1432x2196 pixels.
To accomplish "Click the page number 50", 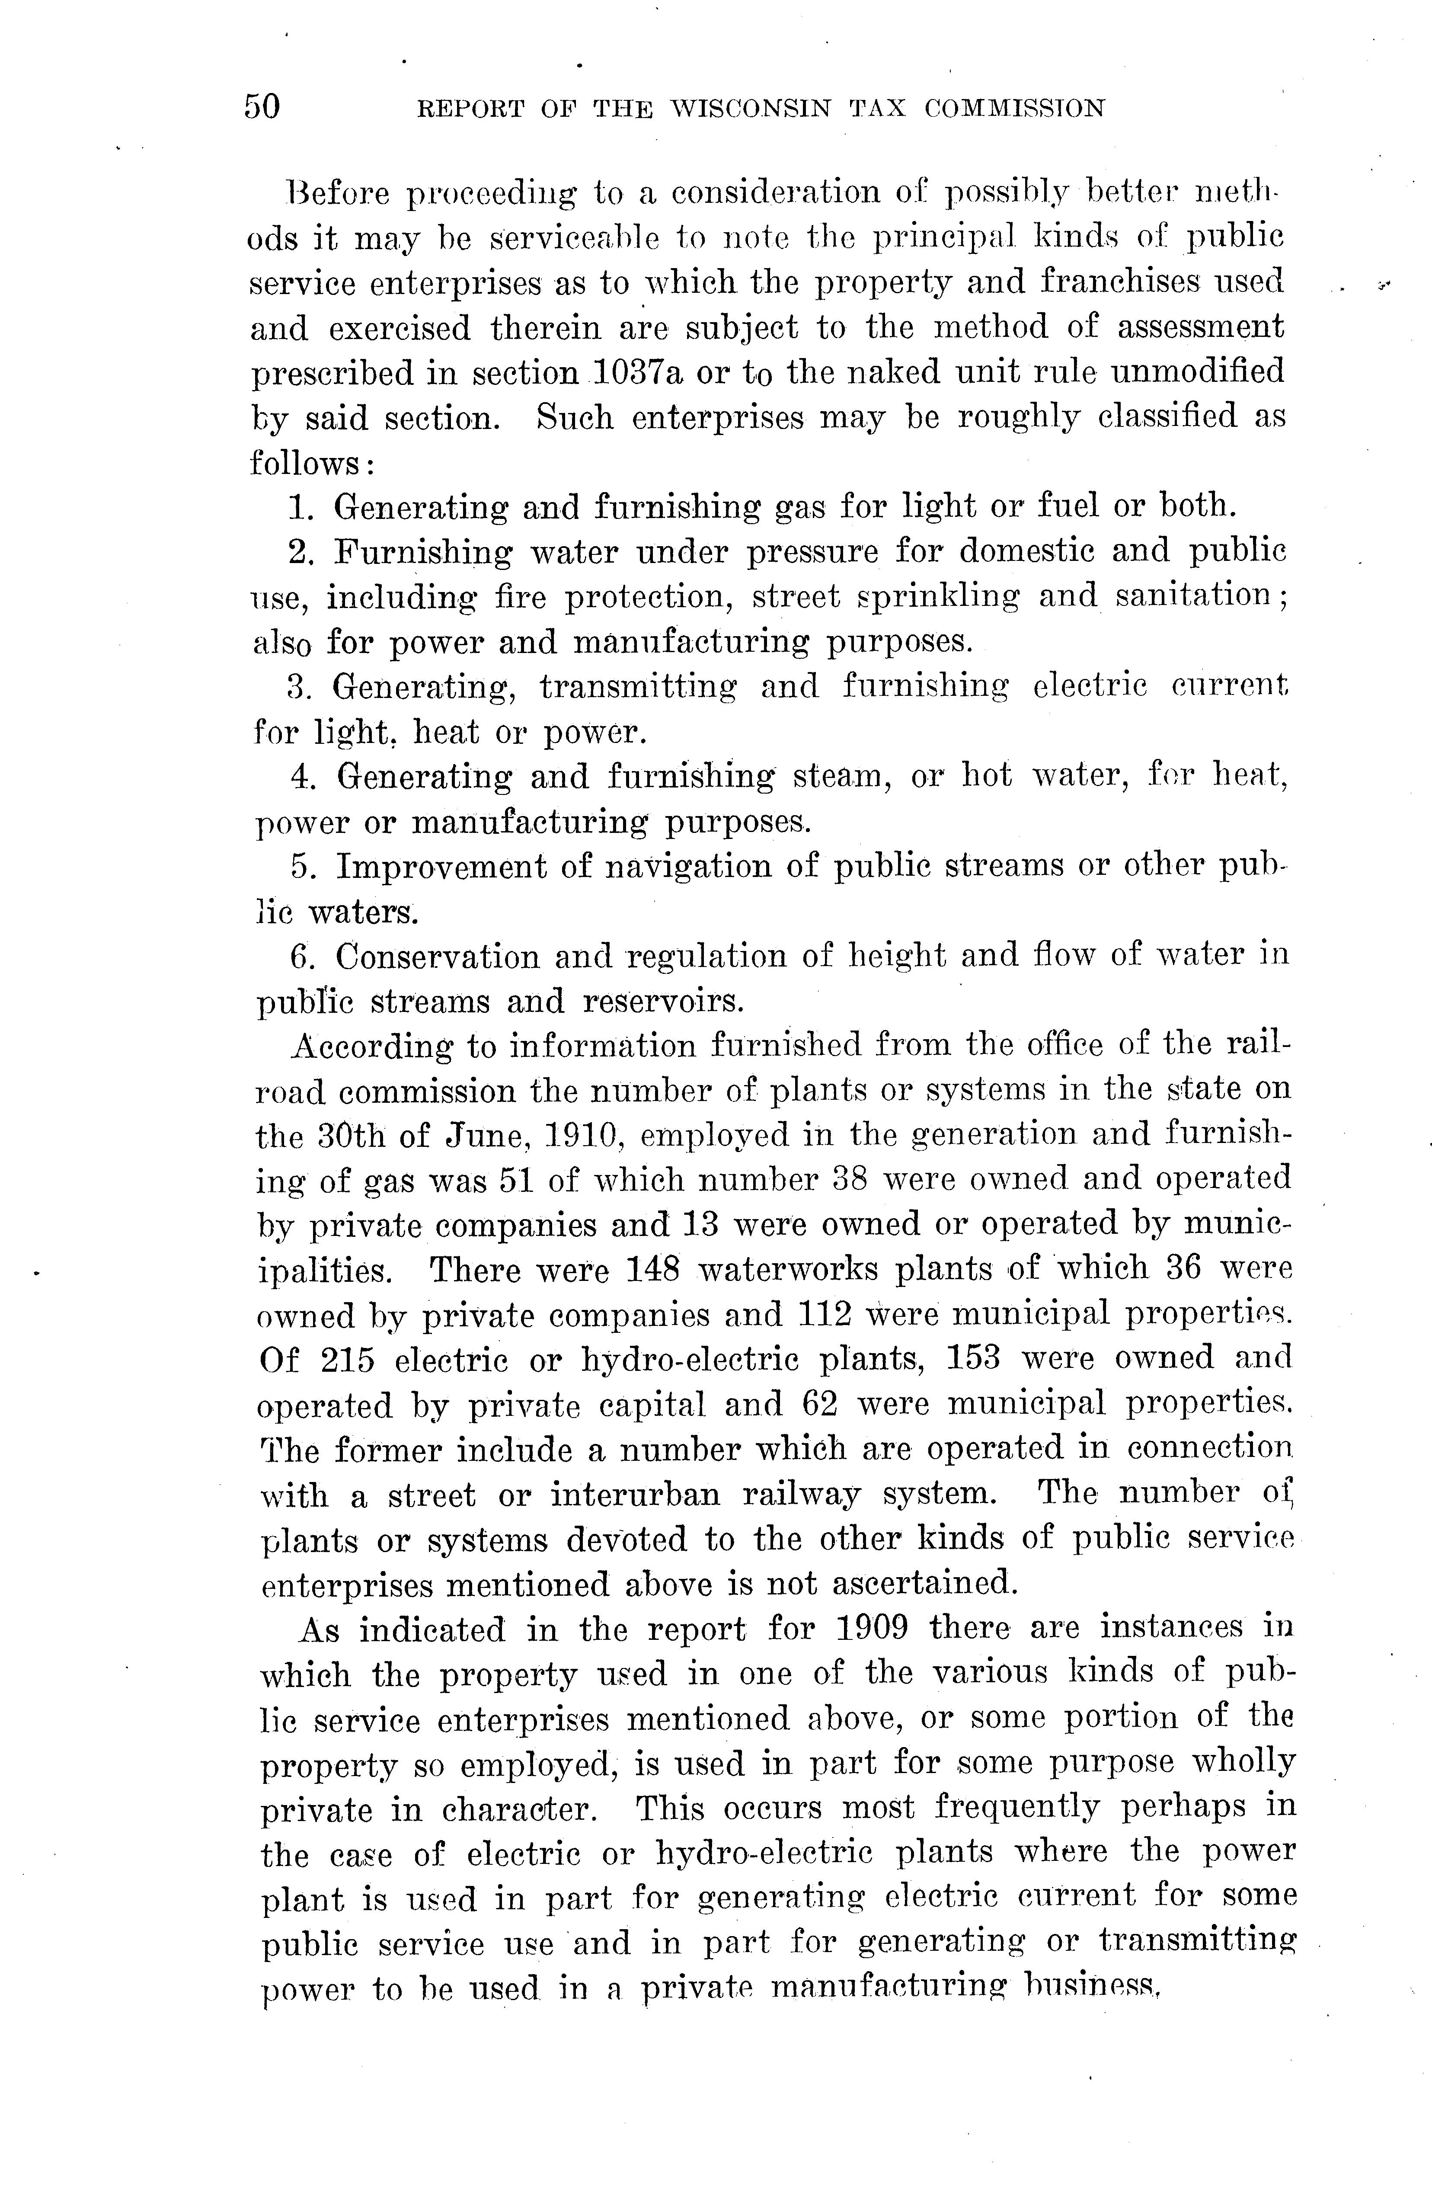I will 262,107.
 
